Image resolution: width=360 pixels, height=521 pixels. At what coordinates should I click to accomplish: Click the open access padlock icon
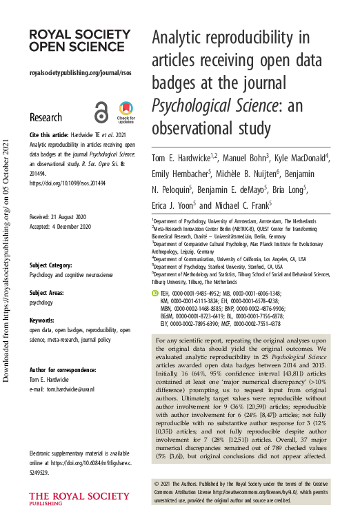coord(101,111)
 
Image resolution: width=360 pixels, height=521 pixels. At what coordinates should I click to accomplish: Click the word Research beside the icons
coord(46,117)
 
